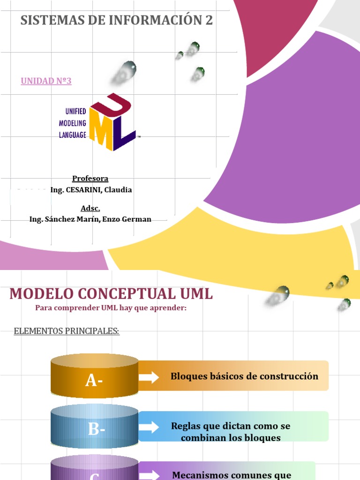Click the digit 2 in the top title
[208, 20]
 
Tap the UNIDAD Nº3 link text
[46, 81]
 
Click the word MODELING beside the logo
[72, 123]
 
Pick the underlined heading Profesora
[90, 179]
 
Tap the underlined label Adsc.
[90, 208]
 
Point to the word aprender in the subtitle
[169, 308]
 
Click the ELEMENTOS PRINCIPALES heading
[67, 331]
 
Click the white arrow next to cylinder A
[149, 377]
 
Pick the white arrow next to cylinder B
[149, 427]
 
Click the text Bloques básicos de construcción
[244, 376]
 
